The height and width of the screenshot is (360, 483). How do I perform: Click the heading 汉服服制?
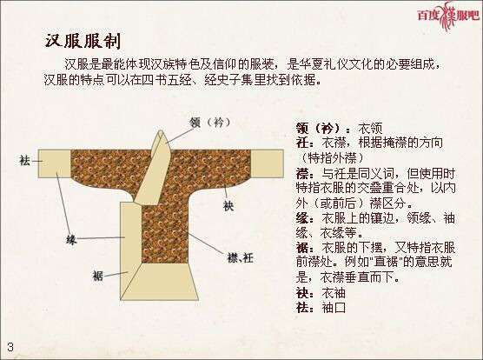(83, 41)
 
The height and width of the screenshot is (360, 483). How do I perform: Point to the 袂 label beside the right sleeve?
(228, 206)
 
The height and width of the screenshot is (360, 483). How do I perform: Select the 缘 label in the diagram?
(73, 237)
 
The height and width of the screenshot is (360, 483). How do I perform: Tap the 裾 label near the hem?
(98, 276)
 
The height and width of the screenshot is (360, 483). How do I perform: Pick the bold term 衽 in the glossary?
(301, 143)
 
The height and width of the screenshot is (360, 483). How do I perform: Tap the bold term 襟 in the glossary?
(301, 173)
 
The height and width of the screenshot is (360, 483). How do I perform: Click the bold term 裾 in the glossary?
(301, 247)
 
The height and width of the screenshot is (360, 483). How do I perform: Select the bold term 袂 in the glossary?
(301, 292)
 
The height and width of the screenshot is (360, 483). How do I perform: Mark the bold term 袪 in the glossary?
(301, 307)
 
